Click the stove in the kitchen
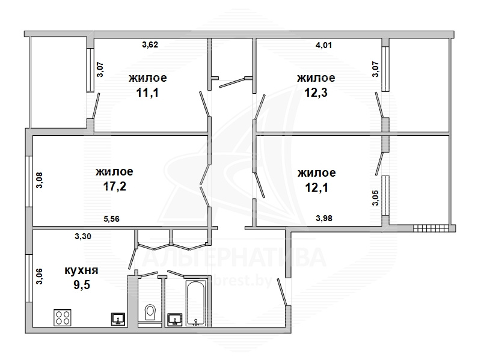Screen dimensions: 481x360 (63, 317)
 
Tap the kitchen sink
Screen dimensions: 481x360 (118, 319)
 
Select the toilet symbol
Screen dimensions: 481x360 (150, 313)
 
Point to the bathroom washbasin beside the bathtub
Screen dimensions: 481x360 (175, 320)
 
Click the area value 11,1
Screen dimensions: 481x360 (147, 93)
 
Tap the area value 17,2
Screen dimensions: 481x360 (114, 186)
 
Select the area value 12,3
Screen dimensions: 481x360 (316, 93)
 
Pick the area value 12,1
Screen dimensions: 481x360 (317, 188)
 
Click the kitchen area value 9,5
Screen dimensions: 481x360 (82, 285)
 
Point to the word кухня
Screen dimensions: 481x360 (81, 270)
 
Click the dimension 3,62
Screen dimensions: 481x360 (150, 44)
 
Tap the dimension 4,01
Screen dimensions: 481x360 (323, 46)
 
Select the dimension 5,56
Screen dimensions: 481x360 (111, 219)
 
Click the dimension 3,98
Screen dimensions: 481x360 (324, 218)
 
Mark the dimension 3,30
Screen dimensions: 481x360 (83, 236)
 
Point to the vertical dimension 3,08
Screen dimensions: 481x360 (40, 180)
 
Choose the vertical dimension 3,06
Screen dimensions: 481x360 (39, 276)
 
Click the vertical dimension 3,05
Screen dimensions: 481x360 (375, 198)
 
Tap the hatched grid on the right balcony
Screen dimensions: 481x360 (430, 228)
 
